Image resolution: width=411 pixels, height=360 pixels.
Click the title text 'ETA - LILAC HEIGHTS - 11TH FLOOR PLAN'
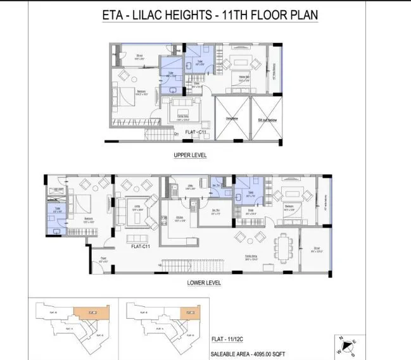210,16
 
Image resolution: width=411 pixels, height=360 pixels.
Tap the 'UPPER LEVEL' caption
191,155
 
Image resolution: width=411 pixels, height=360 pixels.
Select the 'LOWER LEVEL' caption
204,283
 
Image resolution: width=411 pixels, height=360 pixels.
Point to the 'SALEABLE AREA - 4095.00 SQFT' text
251,356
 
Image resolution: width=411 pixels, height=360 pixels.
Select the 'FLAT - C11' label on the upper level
196,132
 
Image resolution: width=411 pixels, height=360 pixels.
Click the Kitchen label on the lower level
179,221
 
